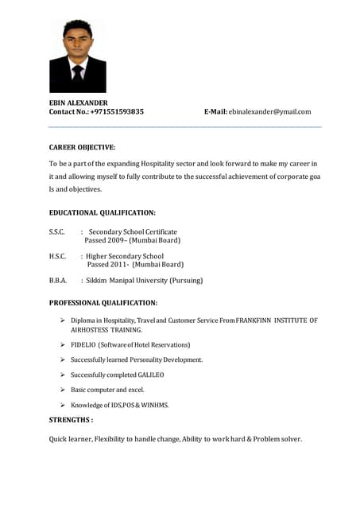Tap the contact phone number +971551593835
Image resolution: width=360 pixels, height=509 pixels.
[x=117, y=112]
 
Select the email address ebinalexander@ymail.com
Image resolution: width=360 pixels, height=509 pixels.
[x=269, y=112]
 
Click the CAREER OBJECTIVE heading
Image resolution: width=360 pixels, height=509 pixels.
[x=82, y=147]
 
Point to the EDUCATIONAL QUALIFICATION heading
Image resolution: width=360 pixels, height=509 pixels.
[x=102, y=213]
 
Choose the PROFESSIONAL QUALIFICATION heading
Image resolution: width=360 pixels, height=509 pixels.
[x=103, y=303]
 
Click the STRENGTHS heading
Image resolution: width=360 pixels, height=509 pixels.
[x=71, y=419]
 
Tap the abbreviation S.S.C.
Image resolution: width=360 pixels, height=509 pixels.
[x=56, y=231]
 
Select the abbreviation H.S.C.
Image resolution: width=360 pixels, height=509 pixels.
[x=57, y=256]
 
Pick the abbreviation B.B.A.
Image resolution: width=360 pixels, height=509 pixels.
[x=57, y=281]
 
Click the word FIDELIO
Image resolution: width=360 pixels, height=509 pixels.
[x=83, y=345]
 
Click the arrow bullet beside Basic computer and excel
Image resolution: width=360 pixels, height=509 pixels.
[x=62, y=390]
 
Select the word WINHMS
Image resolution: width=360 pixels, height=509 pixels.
[x=155, y=405]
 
